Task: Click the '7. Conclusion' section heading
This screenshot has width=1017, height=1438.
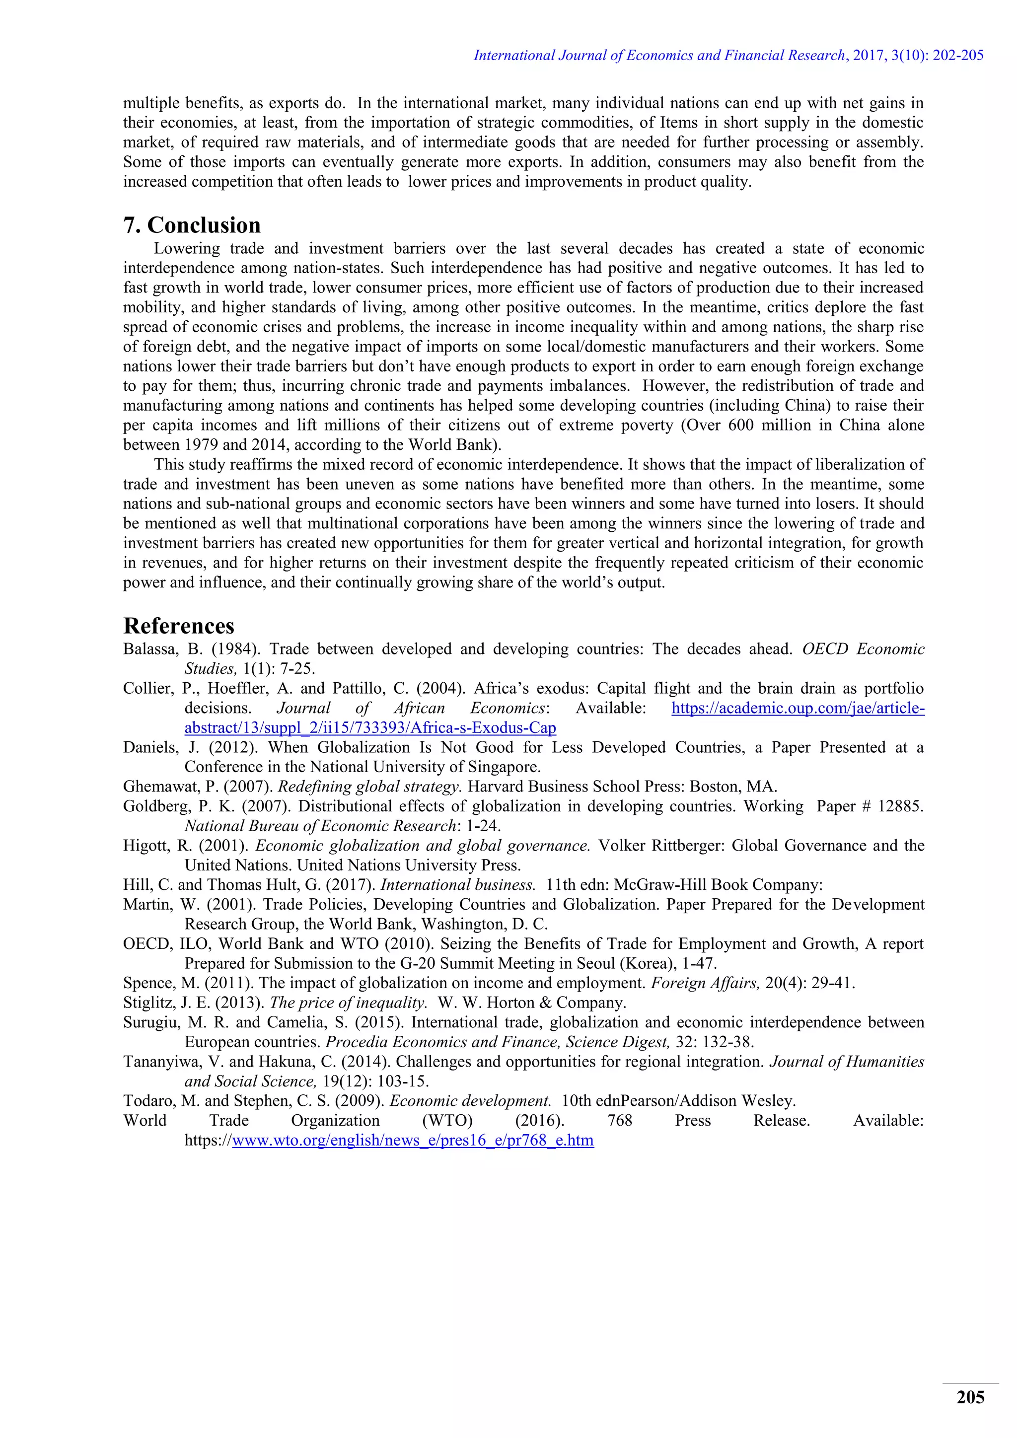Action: [x=192, y=225]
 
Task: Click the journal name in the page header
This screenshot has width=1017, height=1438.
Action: [x=659, y=56]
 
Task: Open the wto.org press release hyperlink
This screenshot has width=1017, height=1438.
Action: [x=413, y=1141]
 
